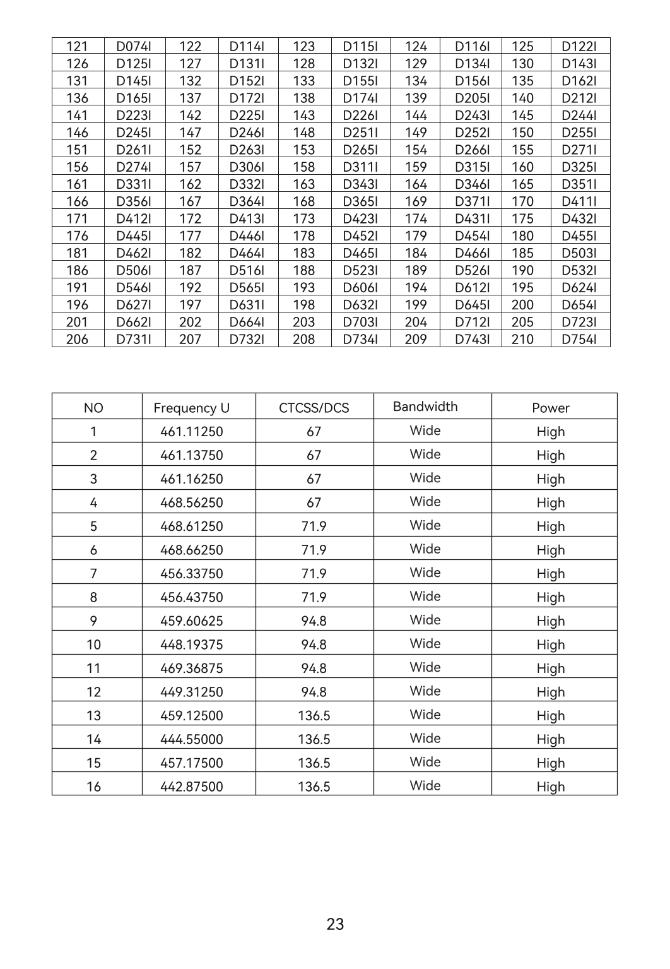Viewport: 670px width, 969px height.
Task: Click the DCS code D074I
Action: click(134, 47)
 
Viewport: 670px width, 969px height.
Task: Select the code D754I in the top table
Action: click(579, 340)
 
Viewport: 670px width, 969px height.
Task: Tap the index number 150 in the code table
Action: click(522, 133)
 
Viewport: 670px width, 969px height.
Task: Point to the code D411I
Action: click(579, 202)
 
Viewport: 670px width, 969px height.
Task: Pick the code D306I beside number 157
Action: click(247, 167)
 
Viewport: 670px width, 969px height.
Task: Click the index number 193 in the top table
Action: click(303, 288)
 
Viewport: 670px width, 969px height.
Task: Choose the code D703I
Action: click(360, 323)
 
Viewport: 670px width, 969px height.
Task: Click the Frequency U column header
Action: click(192, 408)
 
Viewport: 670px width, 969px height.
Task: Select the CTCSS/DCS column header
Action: click(314, 408)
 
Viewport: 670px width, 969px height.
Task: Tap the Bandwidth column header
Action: click(425, 407)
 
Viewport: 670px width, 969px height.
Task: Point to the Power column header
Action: click(550, 408)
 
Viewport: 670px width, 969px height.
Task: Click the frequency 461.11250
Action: click(192, 432)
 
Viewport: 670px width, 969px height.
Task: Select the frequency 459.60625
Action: click(192, 621)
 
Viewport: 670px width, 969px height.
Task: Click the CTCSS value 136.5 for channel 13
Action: click(314, 716)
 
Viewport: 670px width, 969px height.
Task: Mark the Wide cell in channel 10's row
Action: click(425, 644)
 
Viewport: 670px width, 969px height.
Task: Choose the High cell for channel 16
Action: click(550, 787)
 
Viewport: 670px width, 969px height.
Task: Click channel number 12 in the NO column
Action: click(93, 693)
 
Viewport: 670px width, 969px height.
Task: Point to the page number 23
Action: click(336, 925)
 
